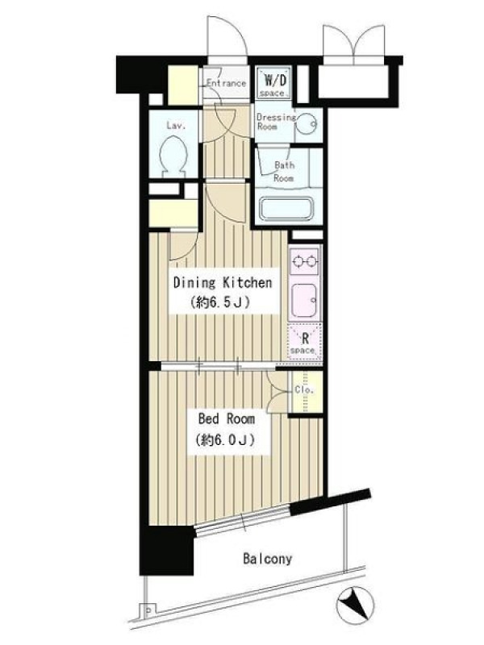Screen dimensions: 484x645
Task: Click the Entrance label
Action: click(x=226, y=83)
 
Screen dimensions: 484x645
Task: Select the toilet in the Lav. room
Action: click(x=173, y=156)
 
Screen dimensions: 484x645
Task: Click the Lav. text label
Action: click(x=176, y=125)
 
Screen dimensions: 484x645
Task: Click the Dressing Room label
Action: click(x=276, y=122)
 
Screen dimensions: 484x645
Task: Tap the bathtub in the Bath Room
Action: click(x=286, y=210)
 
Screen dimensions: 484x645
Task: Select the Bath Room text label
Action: click(x=285, y=172)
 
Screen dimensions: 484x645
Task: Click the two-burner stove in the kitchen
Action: click(x=305, y=260)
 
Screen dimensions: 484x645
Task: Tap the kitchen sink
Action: click(x=304, y=301)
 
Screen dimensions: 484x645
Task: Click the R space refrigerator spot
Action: click(x=305, y=342)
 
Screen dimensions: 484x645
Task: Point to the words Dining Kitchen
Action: click(x=223, y=283)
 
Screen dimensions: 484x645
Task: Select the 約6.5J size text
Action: click(x=219, y=303)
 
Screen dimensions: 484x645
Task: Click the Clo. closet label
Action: click(x=305, y=389)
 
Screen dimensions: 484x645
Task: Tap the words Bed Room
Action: click(x=227, y=419)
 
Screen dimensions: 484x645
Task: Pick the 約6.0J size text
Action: click(x=225, y=440)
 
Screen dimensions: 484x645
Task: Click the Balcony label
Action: click(x=268, y=559)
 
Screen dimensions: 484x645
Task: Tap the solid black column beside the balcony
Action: click(x=167, y=550)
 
